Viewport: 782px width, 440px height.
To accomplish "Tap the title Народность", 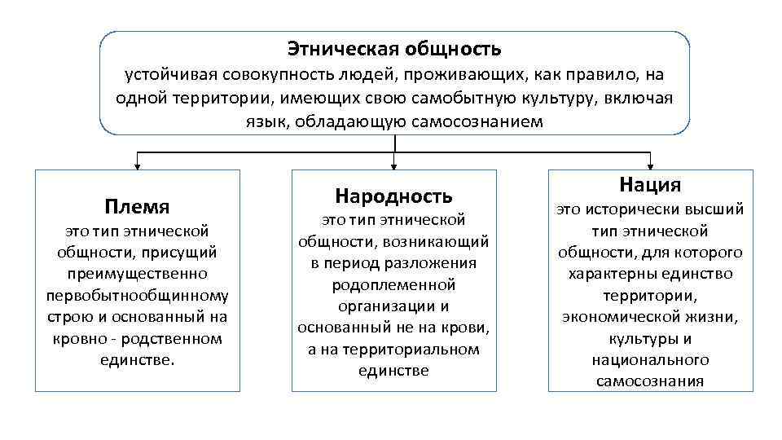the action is point(393,196).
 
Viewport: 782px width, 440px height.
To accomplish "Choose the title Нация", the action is point(650,185).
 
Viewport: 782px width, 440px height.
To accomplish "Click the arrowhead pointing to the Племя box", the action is point(137,164).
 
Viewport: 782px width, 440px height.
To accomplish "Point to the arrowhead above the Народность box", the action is point(394,164).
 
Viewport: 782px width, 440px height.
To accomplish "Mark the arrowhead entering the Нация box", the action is point(650,164).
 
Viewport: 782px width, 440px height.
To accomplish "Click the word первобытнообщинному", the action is point(137,295).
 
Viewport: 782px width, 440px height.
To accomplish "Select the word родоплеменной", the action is point(393,285).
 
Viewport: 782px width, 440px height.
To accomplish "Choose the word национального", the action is point(650,359).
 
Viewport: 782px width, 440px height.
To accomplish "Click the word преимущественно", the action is point(137,274).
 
